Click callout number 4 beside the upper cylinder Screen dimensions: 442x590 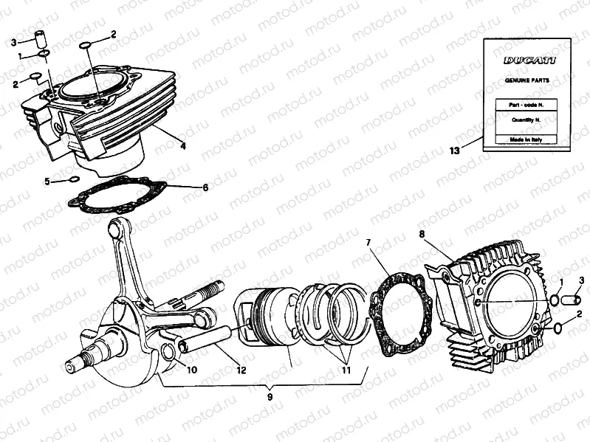(x=182, y=146)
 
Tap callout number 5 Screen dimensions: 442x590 (x=47, y=181)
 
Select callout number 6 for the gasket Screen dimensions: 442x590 (x=205, y=187)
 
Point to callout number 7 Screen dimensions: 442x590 (x=368, y=243)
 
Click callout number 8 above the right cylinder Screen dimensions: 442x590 (x=422, y=235)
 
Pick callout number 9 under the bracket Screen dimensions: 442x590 (x=270, y=397)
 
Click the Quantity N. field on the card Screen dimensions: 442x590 (x=525, y=118)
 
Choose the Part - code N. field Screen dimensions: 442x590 (x=525, y=103)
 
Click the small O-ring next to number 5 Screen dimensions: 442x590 (x=73, y=179)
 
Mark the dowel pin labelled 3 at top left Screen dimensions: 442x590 (x=43, y=38)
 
